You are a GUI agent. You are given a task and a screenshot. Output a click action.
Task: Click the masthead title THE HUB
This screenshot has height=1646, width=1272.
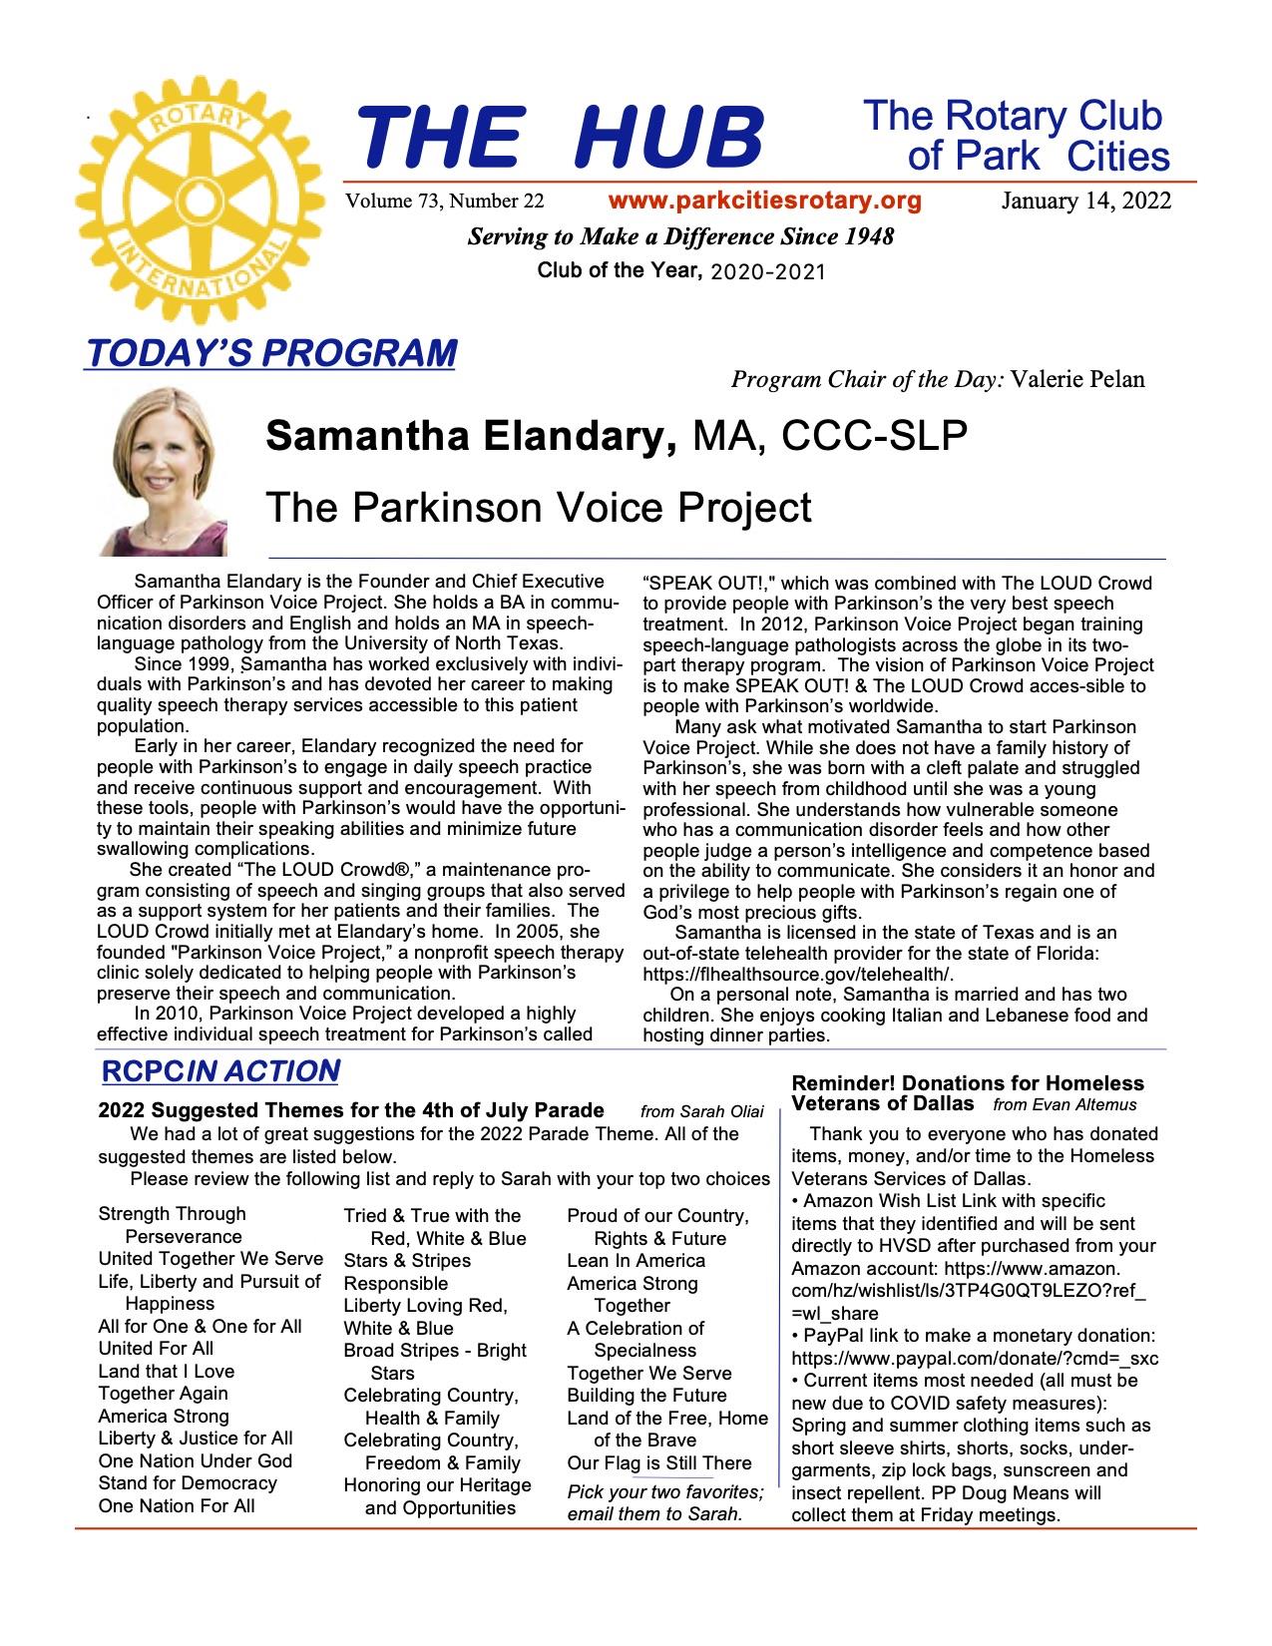(559, 138)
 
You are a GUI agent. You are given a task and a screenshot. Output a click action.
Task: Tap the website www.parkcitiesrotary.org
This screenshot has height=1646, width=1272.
(764, 201)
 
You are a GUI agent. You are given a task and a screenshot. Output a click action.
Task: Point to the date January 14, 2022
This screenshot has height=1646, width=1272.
(1086, 202)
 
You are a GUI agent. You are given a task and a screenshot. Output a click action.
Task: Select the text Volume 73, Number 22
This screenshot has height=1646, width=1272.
(445, 202)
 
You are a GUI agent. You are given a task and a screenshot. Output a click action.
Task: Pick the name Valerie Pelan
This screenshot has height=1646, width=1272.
(1077, 379)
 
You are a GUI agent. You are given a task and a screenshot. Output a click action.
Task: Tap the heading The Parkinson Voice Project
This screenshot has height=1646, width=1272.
(539, 508)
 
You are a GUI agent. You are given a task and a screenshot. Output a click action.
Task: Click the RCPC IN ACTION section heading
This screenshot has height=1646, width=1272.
(219, 1071)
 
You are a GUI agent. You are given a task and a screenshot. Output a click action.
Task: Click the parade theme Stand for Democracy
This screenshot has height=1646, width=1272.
(188, 1483)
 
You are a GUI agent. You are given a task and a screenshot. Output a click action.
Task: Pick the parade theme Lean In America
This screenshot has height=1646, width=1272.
(636, 1261)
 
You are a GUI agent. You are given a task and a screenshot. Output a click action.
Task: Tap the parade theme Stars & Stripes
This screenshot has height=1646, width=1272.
(407, 1261)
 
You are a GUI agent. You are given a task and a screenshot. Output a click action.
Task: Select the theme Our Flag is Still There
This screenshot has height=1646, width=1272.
(659, 1463)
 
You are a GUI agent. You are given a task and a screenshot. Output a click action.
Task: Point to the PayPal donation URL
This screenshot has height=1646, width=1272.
(975, 1359)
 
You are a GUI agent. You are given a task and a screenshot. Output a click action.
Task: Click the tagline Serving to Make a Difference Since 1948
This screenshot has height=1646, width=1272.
(681, 237)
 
